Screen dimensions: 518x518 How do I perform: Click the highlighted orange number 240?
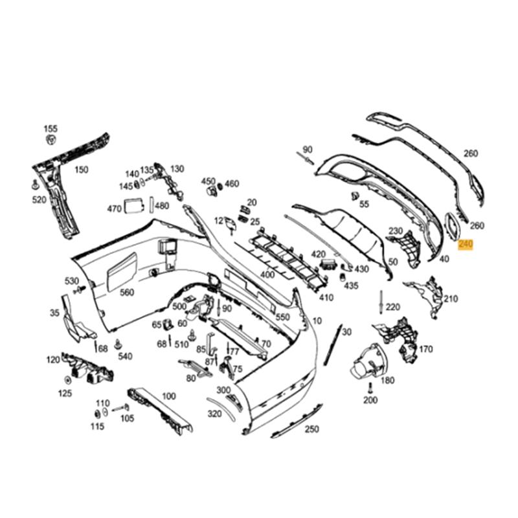click(465, 245)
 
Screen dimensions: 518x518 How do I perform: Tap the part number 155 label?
click(51, 129)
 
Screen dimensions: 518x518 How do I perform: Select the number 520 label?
click(39, 199)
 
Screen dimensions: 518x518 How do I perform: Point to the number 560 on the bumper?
click(127, 292)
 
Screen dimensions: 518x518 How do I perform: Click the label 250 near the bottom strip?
click(312, 429)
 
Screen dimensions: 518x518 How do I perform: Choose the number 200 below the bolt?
click(370, 400)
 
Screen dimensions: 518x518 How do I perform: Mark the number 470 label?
click(114, 208)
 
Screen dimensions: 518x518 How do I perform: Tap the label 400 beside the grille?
click(267, 275)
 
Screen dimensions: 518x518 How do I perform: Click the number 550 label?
click(282, 317)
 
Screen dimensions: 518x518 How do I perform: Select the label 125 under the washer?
click(65, 393)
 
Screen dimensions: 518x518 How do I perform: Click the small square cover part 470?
click(135, 205)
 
